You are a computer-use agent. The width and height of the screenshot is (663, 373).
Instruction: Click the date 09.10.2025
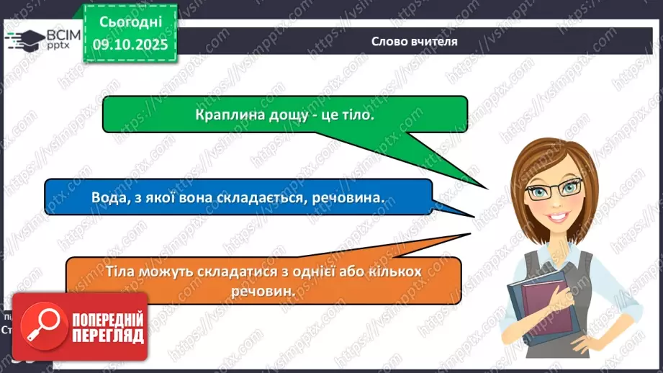click(131, 44)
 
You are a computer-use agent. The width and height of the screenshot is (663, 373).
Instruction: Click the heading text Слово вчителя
click(415, 41)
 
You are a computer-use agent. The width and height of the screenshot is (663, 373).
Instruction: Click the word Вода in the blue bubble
click(107, 197)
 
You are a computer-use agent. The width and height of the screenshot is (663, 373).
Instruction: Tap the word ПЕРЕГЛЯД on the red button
click(107, 335)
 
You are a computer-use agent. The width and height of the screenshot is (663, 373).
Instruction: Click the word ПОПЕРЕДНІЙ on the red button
click(107, 319)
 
